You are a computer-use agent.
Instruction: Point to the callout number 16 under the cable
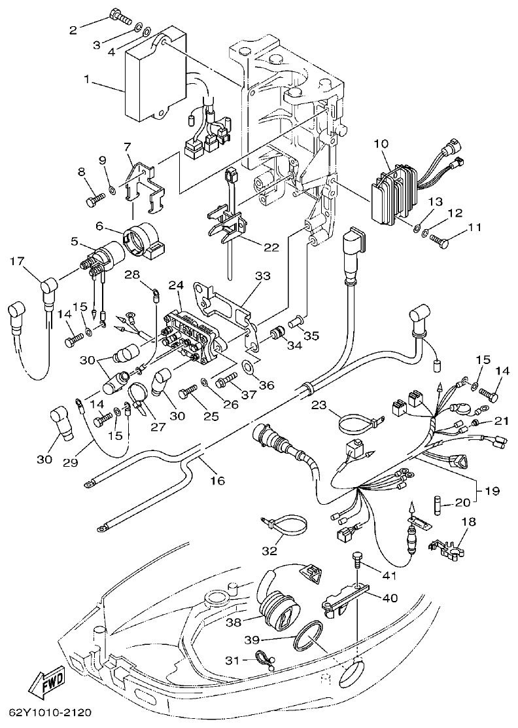point(217,481)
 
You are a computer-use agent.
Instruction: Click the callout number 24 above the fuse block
point(175,285)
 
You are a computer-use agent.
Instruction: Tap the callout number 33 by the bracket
point(262,277)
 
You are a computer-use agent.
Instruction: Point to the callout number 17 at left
point(17,263)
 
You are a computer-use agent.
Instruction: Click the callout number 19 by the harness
point(491,489)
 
